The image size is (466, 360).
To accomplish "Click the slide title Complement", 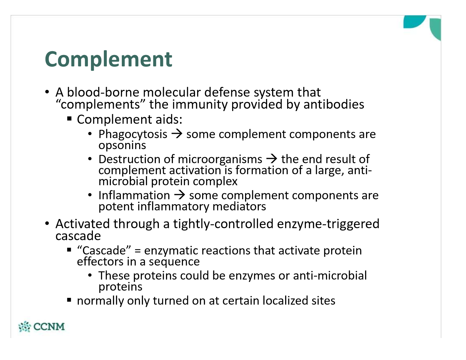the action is point(108,59).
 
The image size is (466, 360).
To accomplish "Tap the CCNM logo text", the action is point(49,326).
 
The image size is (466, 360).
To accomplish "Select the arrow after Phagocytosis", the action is point(177,134).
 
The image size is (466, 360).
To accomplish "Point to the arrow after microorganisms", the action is point(272,159).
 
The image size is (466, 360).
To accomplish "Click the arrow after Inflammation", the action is point(179,195).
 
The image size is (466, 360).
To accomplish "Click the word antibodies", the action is point(334,104).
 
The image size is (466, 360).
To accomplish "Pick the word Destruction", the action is point(129,159).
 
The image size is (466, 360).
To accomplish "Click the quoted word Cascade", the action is point(104,250).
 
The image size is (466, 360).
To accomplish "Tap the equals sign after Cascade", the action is point(137,251).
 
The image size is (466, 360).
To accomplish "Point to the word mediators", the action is point(239,206).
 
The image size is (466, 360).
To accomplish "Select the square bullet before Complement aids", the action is point(69,119).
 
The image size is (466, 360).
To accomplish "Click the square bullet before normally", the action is point(69,300).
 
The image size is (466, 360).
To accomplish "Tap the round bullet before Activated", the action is point(47,224).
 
